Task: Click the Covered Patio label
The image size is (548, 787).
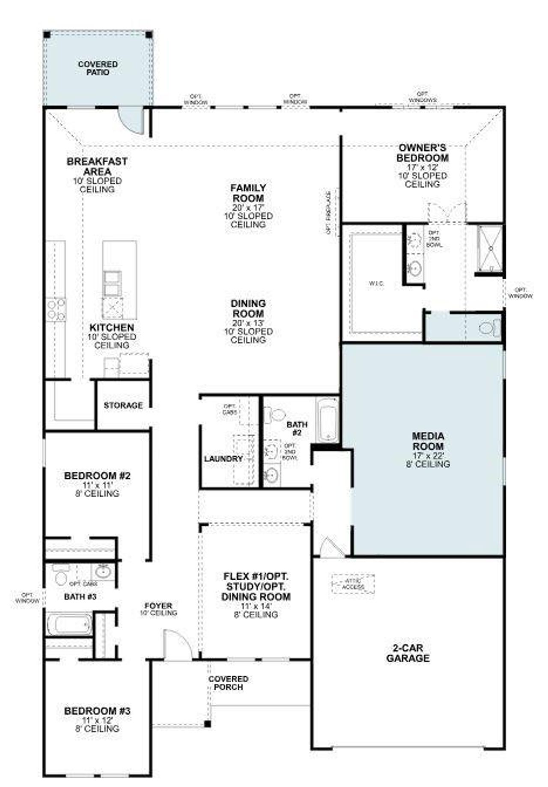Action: click(98, 69)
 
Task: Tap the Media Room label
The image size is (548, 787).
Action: click(428, 441)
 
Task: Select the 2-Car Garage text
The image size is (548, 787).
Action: click(408, 653)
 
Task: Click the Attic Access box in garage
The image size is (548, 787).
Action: click(353, 583)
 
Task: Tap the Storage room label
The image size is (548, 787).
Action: click(123, 405)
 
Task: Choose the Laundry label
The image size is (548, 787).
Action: click(223, 459)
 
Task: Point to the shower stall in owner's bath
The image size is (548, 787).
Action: click(491, 248)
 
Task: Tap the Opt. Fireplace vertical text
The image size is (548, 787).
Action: click(329, 212)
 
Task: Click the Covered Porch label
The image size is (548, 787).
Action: click(228, 683)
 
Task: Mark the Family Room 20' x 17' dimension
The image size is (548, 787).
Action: click(248, 207)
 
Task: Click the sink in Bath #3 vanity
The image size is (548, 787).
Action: click(103, 571)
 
